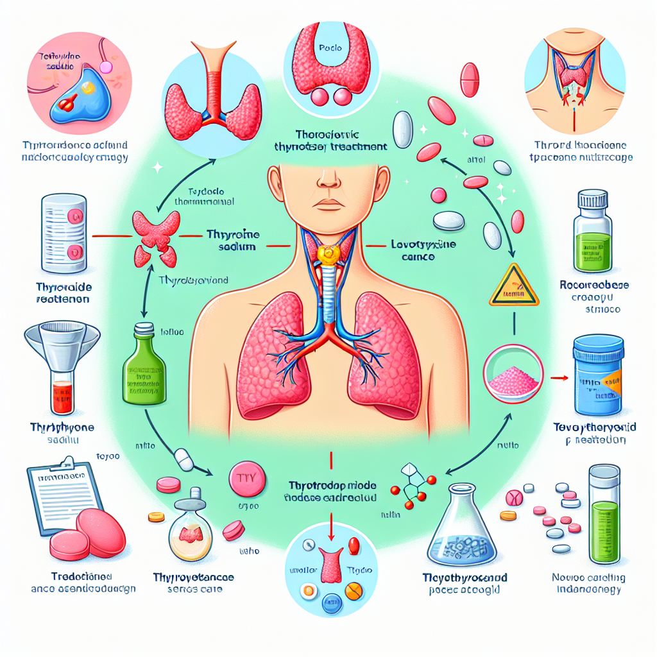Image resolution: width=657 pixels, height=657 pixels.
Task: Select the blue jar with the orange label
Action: click(x=597, y=376)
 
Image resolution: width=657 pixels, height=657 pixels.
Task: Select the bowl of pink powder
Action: click(x=515, y=373)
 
